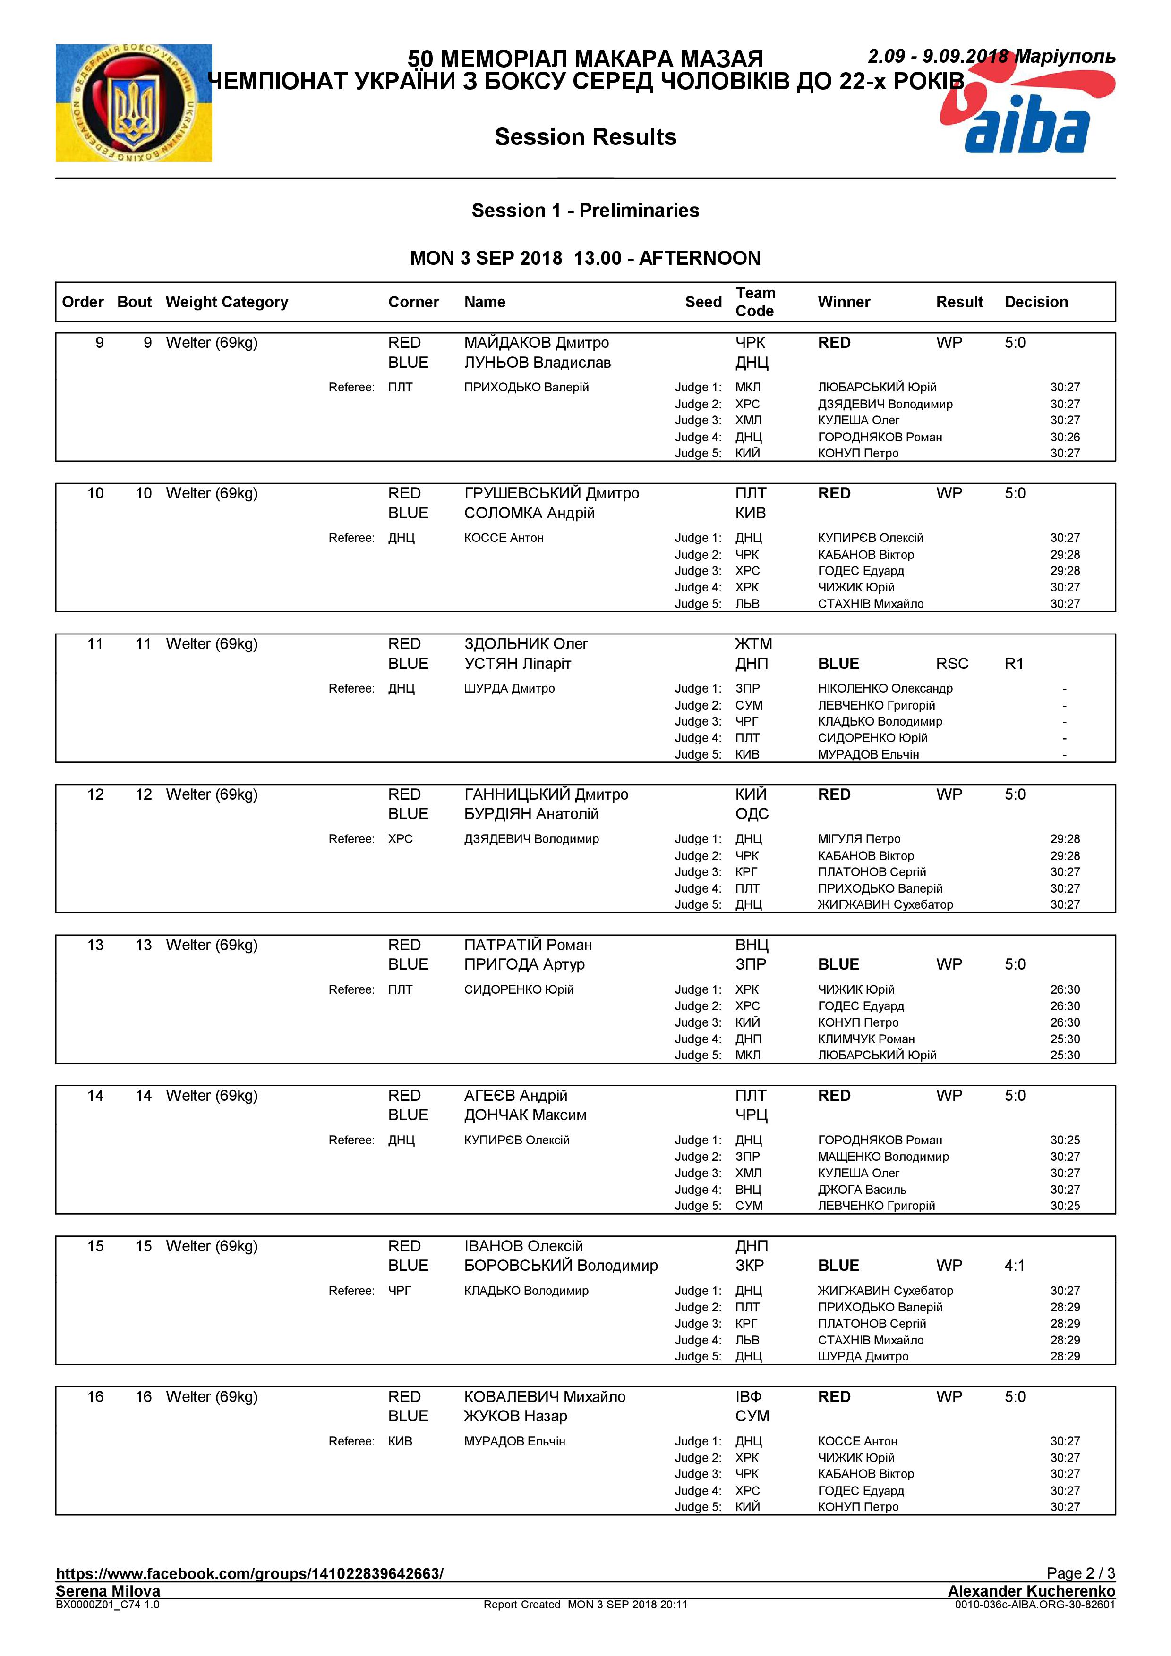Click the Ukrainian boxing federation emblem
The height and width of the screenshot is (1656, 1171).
134,103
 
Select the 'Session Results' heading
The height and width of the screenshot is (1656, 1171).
585,137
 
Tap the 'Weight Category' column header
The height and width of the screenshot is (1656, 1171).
227,302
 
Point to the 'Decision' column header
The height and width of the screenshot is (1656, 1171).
1035,302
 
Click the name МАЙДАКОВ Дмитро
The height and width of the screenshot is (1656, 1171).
536,343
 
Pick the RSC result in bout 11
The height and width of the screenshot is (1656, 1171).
952,664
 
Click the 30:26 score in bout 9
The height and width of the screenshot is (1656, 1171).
1064,437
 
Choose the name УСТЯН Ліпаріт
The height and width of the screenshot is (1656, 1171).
517,664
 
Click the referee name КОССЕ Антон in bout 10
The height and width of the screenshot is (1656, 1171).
503,538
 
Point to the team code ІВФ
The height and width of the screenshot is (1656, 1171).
748,1396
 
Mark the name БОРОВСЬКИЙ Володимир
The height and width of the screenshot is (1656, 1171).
561,1265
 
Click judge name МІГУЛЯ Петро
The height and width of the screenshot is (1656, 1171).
859,839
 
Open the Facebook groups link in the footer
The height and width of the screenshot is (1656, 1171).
249,1574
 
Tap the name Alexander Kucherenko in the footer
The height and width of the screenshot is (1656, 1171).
1031,1591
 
